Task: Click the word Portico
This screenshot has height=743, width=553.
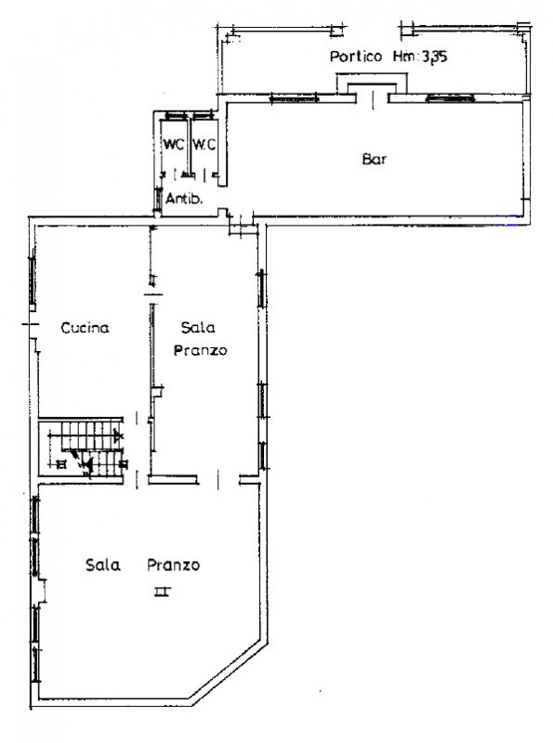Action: click(356, 57)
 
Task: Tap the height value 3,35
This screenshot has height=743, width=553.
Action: click(434, 57)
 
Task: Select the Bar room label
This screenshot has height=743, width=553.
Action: click(375, 159)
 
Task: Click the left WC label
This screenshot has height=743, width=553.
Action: click(174, 144)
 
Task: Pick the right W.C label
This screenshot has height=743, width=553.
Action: click(204, 144)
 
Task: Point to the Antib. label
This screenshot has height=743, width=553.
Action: click(184, 199)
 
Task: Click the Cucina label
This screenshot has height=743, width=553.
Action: click(85, 328)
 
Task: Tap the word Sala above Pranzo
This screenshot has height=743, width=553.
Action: click(198, 327)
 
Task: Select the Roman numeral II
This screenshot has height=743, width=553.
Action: click(163, 591)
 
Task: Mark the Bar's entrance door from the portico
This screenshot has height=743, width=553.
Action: click(373, 98)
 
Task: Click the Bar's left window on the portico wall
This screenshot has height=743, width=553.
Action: click(294, 98)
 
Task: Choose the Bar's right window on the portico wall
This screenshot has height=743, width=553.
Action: click(451, 98)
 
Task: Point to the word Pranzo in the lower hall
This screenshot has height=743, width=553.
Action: click(174, 565)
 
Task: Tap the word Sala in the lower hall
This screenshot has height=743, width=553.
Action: click(103, 565)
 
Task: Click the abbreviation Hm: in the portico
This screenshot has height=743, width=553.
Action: click(406, 57)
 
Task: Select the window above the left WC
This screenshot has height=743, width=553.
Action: click(176, 115)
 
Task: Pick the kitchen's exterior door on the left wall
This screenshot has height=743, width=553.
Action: click(32, 324)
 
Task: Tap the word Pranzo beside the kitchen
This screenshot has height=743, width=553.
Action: click(200, 351)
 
